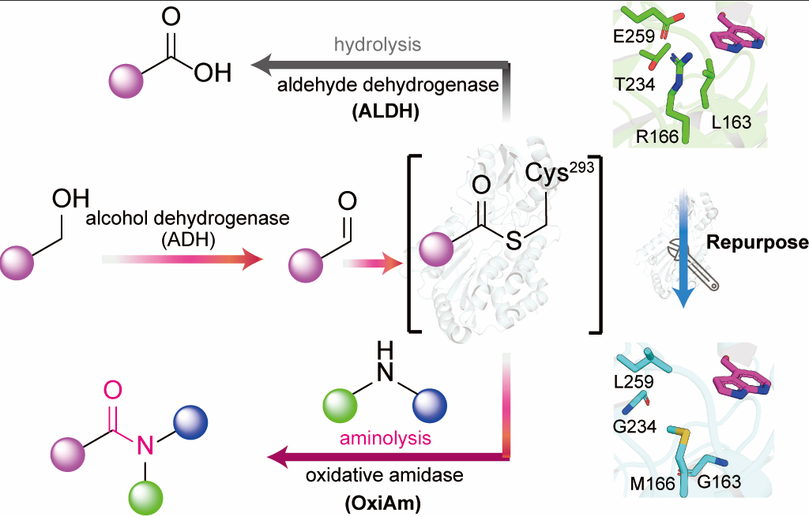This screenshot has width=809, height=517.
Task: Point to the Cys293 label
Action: (559, 172)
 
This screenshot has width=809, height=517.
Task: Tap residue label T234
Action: (634, 83)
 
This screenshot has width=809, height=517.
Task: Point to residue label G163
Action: (718, 480)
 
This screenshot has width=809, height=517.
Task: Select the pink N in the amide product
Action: (144, 446)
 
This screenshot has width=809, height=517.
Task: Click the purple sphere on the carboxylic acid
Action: (126, 81)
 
